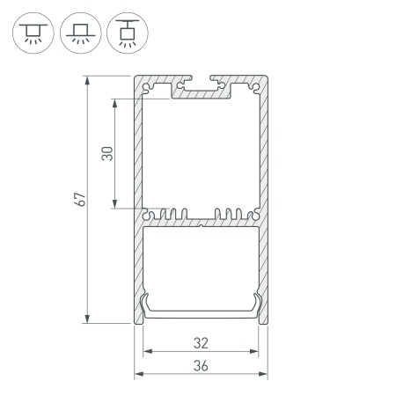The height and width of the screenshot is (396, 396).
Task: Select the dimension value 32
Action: point(201,342)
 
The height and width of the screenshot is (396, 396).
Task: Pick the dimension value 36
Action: point(201,367)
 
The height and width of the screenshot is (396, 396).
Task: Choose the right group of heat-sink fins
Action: point(231,214)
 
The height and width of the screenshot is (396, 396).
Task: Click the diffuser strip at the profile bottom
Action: point(201,310)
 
